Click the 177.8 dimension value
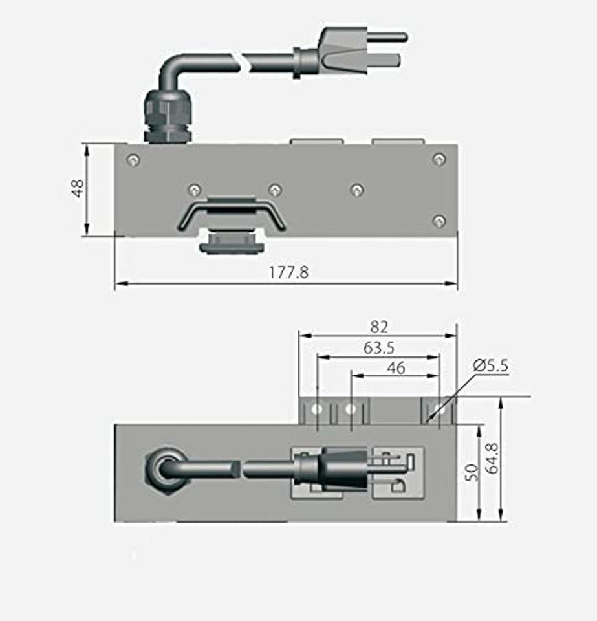[x=288, y=272]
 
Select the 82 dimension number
[x=379, y=327]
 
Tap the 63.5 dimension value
[x=379, y=348]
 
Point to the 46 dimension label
[x=395, y=368]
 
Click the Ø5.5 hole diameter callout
[x=491, y=365]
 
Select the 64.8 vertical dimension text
[x=492, y=458]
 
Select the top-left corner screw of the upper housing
[x=133, y=160]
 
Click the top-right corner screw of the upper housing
[x=439, y=159]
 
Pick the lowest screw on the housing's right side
[x=439, y=221]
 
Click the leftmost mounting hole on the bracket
[x=317, y=409]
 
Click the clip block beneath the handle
[x=232, y=245]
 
